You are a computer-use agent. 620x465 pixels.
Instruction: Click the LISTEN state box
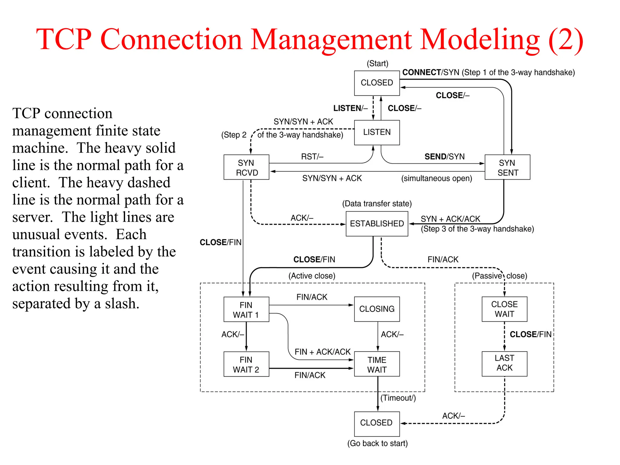pos(377,132)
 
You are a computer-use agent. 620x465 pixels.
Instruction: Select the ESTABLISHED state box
pos(377,223)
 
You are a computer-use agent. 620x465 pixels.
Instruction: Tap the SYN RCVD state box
pos(246,167)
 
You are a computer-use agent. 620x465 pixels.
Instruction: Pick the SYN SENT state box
pos(507,167)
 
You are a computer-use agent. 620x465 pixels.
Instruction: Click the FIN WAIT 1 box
pos(246,309)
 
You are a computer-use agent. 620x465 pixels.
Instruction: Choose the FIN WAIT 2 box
pos(246,364)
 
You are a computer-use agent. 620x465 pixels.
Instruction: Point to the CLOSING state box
pos(377,309)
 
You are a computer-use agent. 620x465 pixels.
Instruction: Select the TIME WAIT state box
pos(377,364)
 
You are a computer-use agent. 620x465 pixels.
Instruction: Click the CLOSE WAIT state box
pos(504,309)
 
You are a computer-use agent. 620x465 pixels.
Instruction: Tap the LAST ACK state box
pos(504,363)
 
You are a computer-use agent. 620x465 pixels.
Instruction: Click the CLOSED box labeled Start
pos(377,83)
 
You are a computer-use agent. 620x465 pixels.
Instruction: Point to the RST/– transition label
pos(312,157)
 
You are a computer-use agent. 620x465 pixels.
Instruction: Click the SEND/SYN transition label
pos(444,157)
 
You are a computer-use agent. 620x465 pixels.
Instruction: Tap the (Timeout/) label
pos(398,398)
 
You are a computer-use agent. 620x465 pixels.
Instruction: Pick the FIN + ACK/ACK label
pos(322,352)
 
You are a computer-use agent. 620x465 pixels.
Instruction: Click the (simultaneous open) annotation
pos(437,178)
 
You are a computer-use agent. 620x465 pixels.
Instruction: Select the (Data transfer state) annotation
pos(377,203)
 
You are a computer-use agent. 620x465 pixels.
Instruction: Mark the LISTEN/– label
pos(350,108)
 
